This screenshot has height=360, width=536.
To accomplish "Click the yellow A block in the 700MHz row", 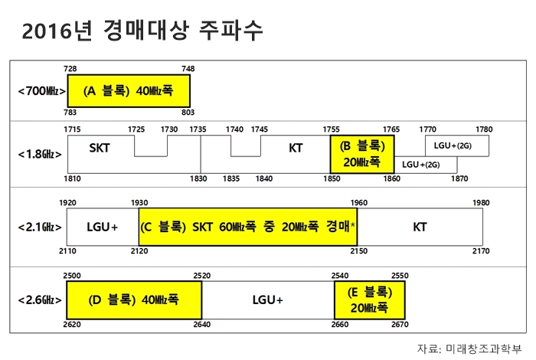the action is tap(129, 91).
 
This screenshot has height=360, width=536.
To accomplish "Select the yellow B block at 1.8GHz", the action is tap(362, 154).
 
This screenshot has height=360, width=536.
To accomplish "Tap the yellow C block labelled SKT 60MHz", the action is tap(248, 227).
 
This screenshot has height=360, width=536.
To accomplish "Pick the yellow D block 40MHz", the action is tap(134, 300).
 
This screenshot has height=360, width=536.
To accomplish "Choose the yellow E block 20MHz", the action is tap(370, 300).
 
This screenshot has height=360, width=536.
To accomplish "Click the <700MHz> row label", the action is tap(41, 91).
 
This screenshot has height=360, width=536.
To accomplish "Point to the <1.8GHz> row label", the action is tap(40, 154).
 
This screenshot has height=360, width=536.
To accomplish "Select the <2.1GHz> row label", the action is tap(40, 227).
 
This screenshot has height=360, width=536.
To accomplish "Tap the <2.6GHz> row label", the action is tap(40, 300).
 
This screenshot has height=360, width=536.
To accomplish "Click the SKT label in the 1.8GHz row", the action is tap(100, 148).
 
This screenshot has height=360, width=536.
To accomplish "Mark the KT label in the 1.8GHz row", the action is tap(296, 148).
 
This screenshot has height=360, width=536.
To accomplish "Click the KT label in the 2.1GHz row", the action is tap(420, 227).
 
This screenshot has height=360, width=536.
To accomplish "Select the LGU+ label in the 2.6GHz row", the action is tap(268, 300).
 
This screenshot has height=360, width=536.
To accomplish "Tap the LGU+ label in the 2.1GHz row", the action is tap(102, 227).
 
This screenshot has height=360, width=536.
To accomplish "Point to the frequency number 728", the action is tap(70, 69).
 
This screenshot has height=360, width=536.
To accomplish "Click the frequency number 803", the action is tap(188, 113).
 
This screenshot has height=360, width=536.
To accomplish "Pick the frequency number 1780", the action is tap(484, 129).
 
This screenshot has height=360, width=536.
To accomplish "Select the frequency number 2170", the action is tap(481, 251).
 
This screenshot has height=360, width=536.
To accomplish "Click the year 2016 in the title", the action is tap(47, 31).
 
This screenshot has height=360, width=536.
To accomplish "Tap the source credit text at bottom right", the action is tap(469, 349).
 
